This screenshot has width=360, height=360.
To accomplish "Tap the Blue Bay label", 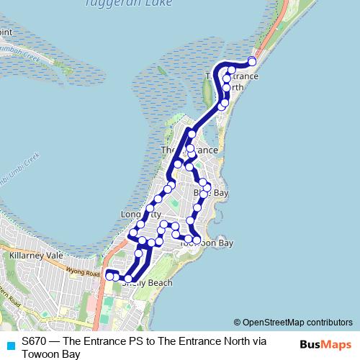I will click(211, 194).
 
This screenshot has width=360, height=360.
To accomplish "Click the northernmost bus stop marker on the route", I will click(252, 61).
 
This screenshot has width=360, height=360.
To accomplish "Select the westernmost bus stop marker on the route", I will click(109, 276).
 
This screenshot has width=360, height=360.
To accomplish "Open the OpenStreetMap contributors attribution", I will click(297, 323).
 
